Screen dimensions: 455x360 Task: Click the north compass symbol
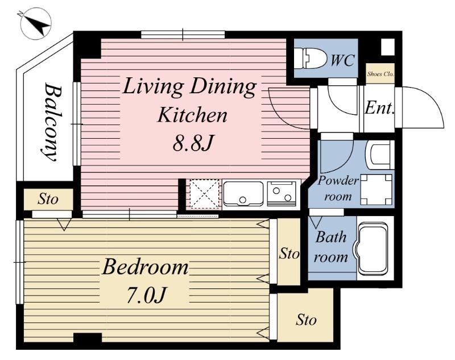pos(36,24)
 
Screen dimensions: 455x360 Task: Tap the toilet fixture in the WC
pos(309,59)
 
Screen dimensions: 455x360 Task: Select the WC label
pos(343,60)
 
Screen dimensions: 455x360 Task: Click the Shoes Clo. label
pos(380,74)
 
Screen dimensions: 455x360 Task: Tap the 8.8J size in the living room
pos(193,143)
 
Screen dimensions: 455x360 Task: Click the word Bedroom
pos(145,267)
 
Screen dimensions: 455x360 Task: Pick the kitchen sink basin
pos(243,193)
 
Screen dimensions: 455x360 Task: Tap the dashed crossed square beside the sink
pos(204,193)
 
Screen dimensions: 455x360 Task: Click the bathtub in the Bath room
pos(373,249)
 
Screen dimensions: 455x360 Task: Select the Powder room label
pos(338,188)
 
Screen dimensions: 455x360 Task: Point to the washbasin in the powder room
pos(380,155)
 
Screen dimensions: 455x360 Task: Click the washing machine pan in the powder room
pos(377,190)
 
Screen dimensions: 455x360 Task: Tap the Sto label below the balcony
pos(48,199)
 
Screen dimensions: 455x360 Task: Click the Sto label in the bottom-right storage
pos(306,320)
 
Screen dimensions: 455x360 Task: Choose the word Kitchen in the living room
pos(192,115)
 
